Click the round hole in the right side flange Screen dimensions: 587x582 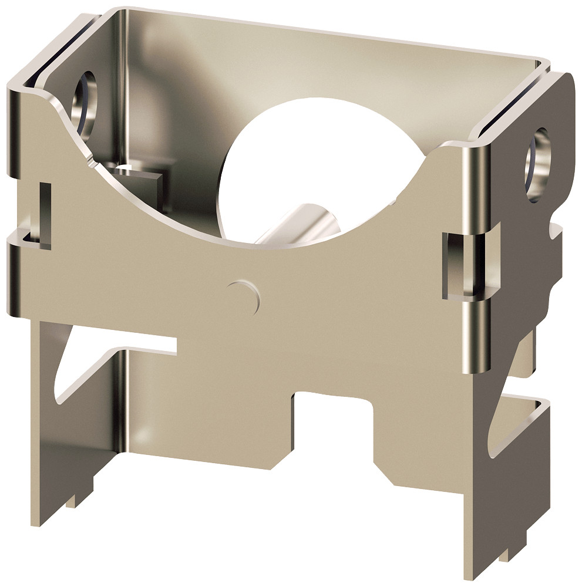537,164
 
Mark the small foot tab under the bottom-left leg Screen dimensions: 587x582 71,502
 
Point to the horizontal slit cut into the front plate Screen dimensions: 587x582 147,346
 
